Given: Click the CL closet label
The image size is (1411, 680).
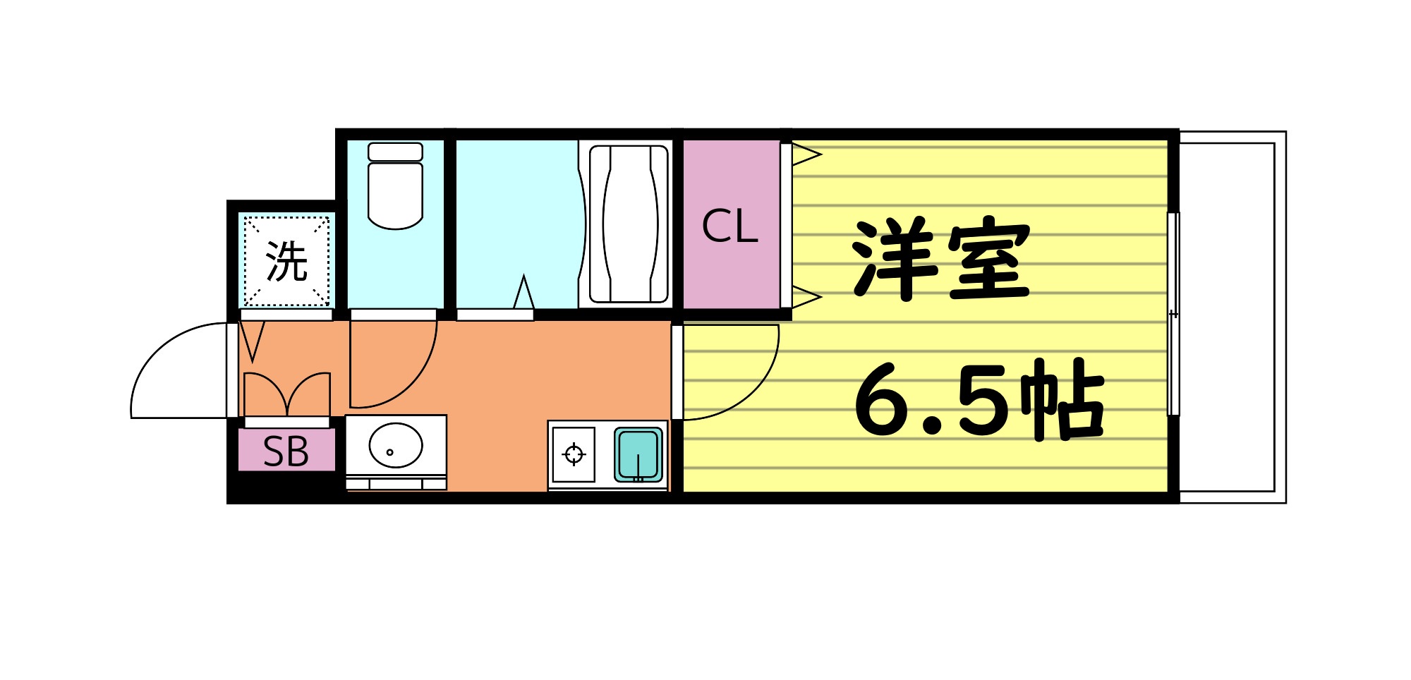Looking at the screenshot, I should pos(729,226).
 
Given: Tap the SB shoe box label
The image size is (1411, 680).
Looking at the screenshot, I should pos(286,451).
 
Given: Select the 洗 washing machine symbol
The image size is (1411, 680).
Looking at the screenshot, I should pos(286,262).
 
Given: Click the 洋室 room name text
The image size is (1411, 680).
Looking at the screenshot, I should pos(942,259).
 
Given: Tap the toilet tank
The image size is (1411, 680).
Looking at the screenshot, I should pos(395,152).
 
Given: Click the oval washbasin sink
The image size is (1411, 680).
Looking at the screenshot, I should pos(395,445).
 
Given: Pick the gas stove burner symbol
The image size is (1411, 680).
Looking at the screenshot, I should pos(574,454).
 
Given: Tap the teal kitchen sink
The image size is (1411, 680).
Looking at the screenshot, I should pos(638,454).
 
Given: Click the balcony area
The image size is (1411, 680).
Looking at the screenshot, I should pos(1231,317).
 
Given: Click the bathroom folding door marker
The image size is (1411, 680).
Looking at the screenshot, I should pos(523,293).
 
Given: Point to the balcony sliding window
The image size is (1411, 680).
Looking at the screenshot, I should pos(1173,314).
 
